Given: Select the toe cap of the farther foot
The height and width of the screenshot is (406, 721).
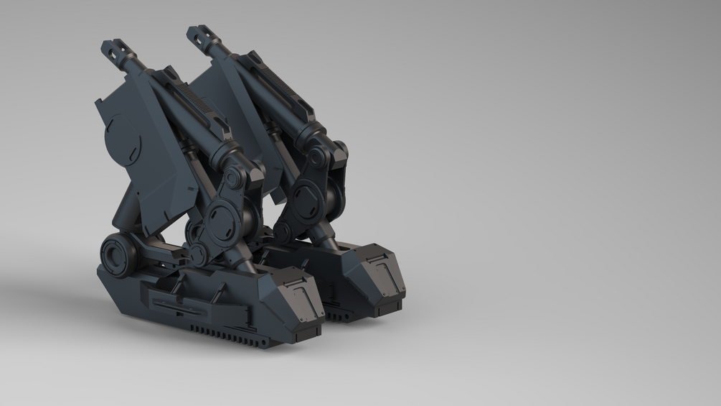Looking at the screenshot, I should coord(383,277).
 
